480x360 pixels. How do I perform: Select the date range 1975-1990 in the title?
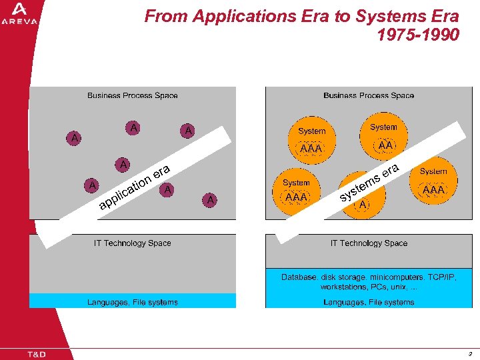[418, 34]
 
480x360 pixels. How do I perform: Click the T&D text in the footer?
[37, 354]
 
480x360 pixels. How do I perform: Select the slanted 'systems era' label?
[370, 181]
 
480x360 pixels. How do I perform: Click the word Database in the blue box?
[299, 277]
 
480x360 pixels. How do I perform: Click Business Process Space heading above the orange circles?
[369, 95]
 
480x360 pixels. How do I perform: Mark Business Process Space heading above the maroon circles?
[133, 95]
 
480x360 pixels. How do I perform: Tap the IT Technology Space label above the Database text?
[369, 243]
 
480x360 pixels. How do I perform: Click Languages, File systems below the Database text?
[369, 302]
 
